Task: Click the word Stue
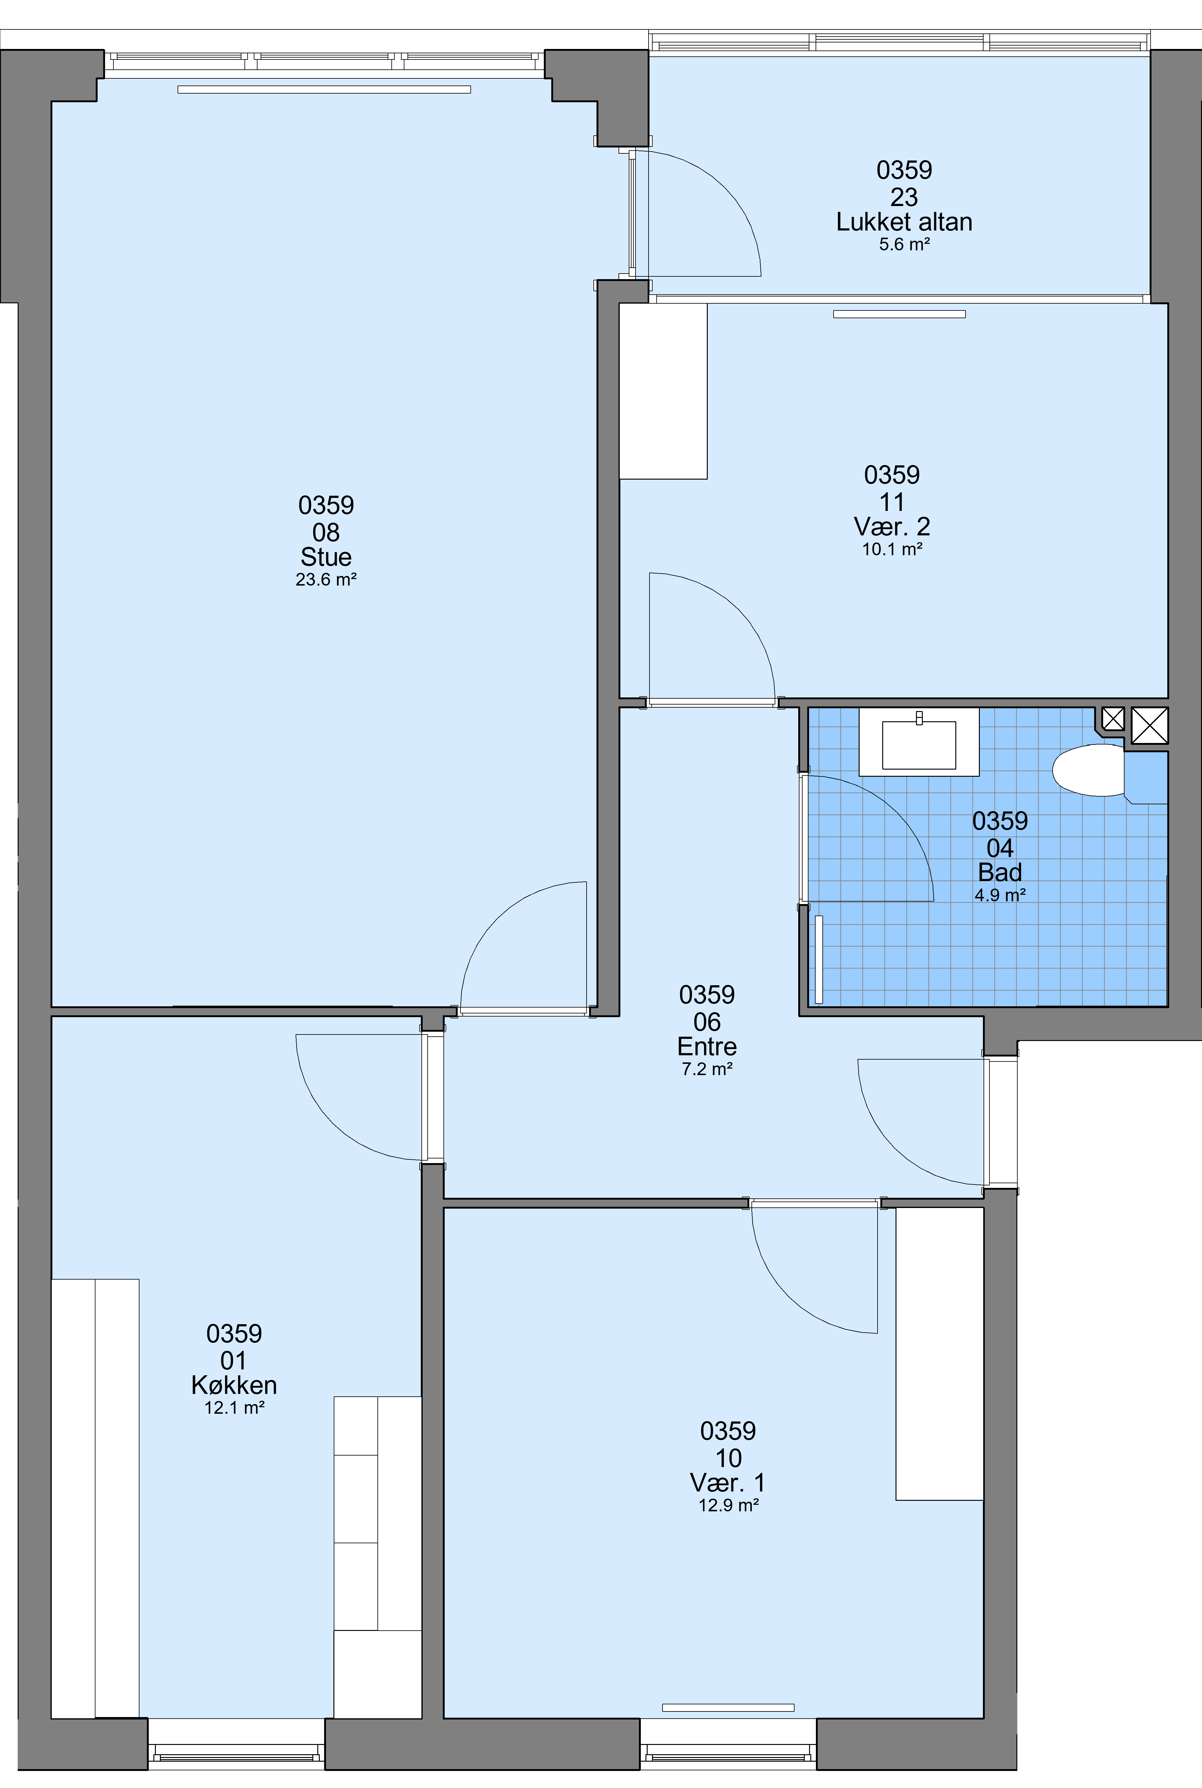point(326,556)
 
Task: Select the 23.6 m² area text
point(326,579)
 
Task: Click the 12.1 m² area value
point(234,1407)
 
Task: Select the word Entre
point(707,1046)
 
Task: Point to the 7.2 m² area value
point(707,1068)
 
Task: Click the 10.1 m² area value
point(892,549)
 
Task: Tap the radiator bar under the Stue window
point(324,90)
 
